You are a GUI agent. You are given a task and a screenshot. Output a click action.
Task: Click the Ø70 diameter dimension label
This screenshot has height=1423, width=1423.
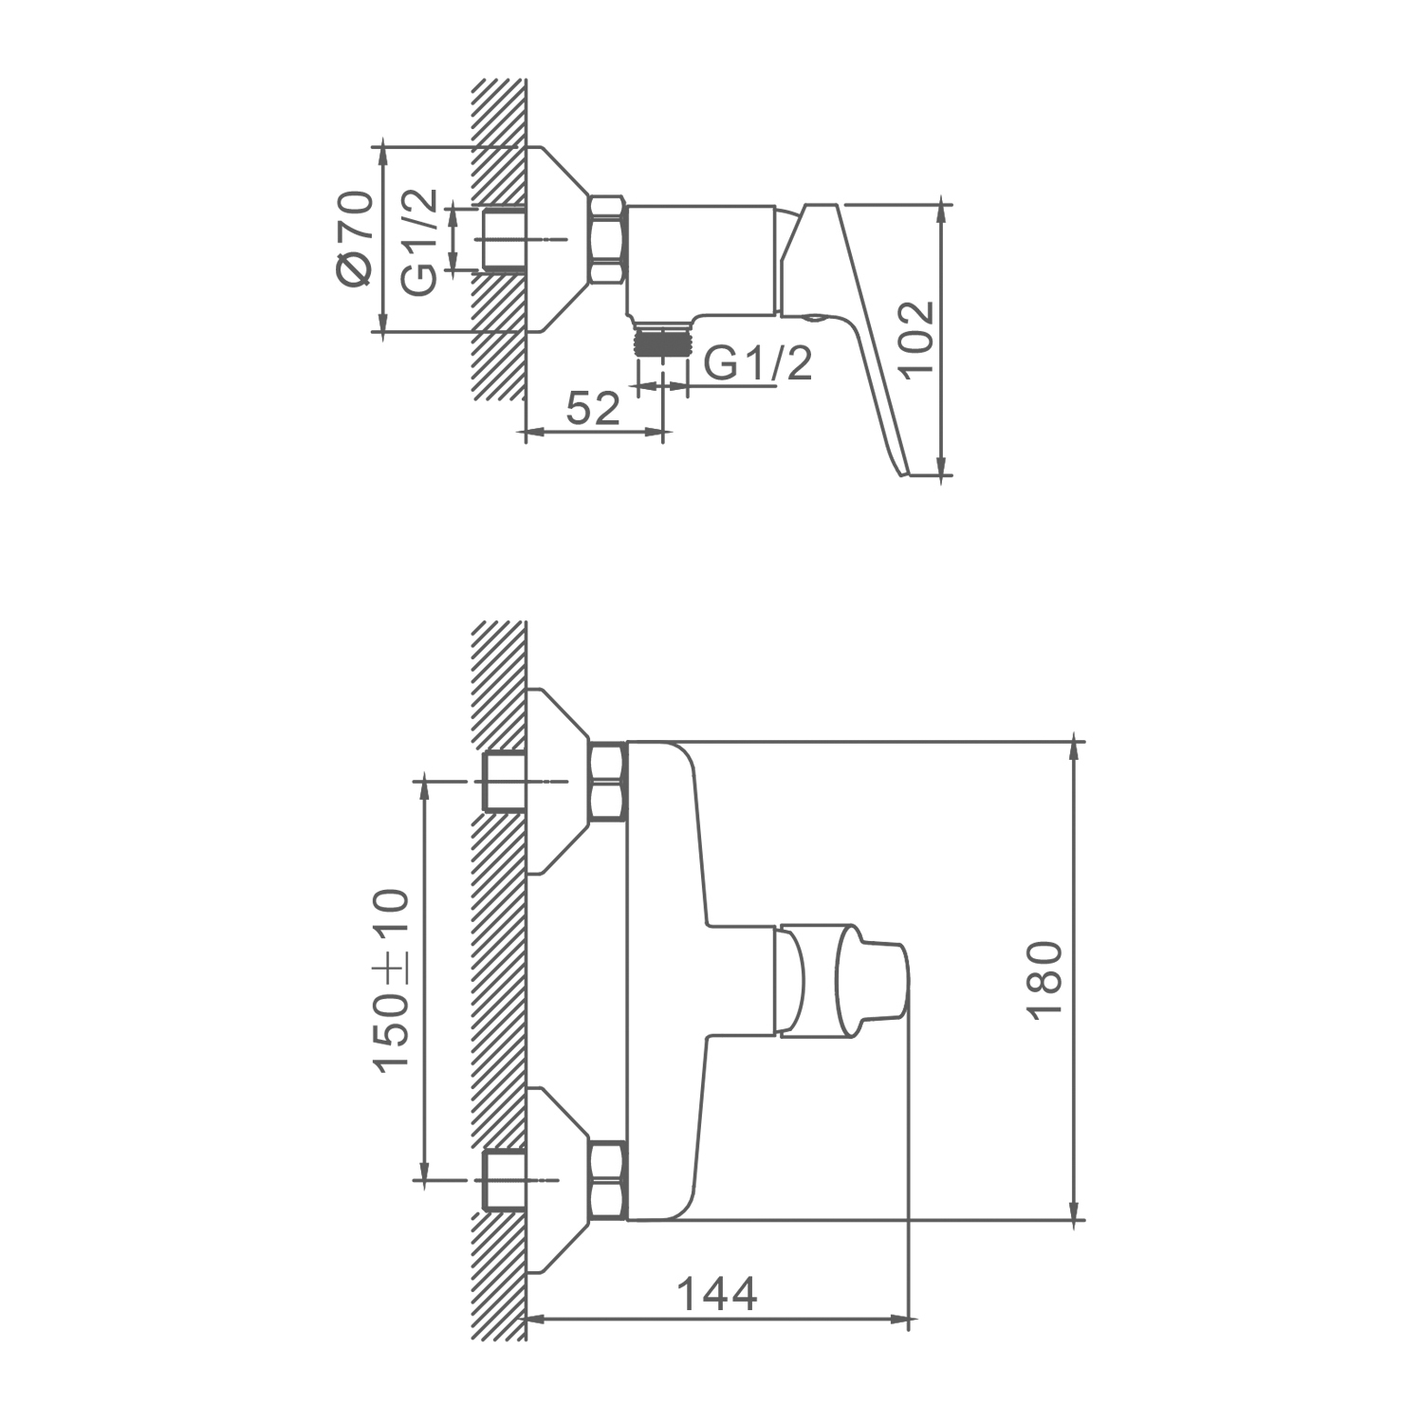click(353, 237)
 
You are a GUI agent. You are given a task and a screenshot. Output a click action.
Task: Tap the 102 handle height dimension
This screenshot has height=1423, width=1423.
click(916, 340)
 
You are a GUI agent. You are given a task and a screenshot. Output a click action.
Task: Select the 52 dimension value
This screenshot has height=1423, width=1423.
click(593, 408)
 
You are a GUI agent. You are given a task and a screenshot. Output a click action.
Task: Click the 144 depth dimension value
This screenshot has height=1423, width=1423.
click(717, 1294)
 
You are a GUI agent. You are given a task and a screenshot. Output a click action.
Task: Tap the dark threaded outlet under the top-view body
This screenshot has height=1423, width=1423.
click(661, 342)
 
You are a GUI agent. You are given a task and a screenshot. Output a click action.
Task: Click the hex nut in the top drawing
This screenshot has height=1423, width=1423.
click(607, 240)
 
